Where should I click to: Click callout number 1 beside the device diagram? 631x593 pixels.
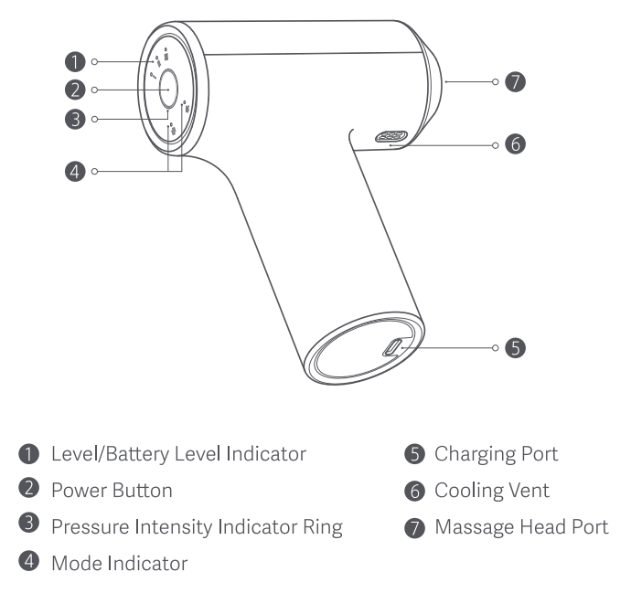pyautogui.click(x=75, y=62)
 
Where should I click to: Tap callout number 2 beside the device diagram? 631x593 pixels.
pyautogui.click(x=75, y=90)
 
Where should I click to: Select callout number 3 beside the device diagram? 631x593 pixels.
pyautogui.click(x=75, y=119)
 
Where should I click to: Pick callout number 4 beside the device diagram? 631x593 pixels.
pyautogui.click(x=75, y=170)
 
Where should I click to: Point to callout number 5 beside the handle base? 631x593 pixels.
pyautogui.click(x=517, y=347)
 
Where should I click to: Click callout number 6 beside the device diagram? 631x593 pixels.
pyautogui.click(x=517, y=144)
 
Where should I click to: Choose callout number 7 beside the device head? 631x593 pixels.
pyautogui.click(x=517, y=82)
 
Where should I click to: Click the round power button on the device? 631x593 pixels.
pyautogui.click(x=169, y=90)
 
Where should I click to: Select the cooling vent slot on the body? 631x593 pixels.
pyautogui.click(x=391, y=137)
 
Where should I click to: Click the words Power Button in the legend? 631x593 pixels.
pyautogui.click(x=112, y=491)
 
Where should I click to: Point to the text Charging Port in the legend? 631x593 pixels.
pyautogui.click(x=496, y=454)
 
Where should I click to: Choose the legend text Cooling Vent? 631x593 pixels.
pyautogui.click(x=492, y=491)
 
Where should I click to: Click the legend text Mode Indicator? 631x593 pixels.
pyautogui.click(x=119, y=564)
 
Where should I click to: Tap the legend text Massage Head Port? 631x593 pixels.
pyautogui.click(x=521, y=527)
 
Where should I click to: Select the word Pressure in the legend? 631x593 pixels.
pyautogui.click(x=85, y=527)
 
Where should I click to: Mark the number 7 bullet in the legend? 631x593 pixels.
pyautogui.click(x=417, y=527)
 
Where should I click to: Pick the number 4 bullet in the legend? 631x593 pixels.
pyautogui.click(x=33, y=564)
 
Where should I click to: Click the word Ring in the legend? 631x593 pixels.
pyautogui.click(x=323, y=527)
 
